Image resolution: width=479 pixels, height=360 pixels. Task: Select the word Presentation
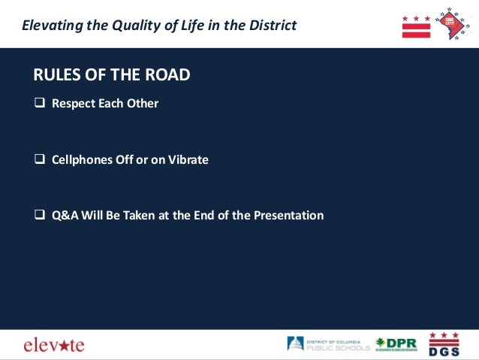pos(288,216)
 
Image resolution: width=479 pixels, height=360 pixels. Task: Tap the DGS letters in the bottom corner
pos(444,350)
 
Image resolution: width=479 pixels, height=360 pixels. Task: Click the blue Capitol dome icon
pos(296,344)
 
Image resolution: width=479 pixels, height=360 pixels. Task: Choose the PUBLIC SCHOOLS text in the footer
pos(338,348)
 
